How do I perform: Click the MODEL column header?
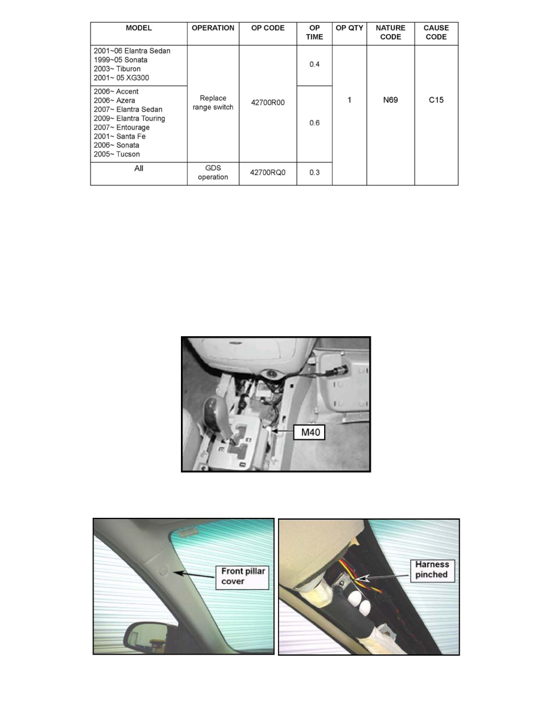click(x=138, y=28)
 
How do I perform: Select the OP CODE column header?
click(x=268, y=28)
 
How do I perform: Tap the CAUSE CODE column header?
click(x=436, y=32)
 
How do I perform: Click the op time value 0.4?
click(x=315, y=64)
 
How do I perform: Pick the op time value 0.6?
click(x=315, y=123)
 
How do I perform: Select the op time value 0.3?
click(x=315, y=173)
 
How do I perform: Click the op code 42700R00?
click(x=268, y=102)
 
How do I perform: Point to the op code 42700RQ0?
click(x=268, y=173)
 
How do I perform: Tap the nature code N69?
click(x=390, y=101)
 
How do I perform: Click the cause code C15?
click(x=436, y=101)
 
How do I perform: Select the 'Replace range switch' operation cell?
click(x=213, y=102)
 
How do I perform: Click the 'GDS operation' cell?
click(x=213, y=173)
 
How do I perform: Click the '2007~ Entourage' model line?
click(x=122, y=128)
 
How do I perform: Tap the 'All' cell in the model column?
click(x=138, y=169)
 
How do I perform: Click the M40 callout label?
click(x=309, y=432)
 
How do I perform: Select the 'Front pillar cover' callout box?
click(x=241, y=576)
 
